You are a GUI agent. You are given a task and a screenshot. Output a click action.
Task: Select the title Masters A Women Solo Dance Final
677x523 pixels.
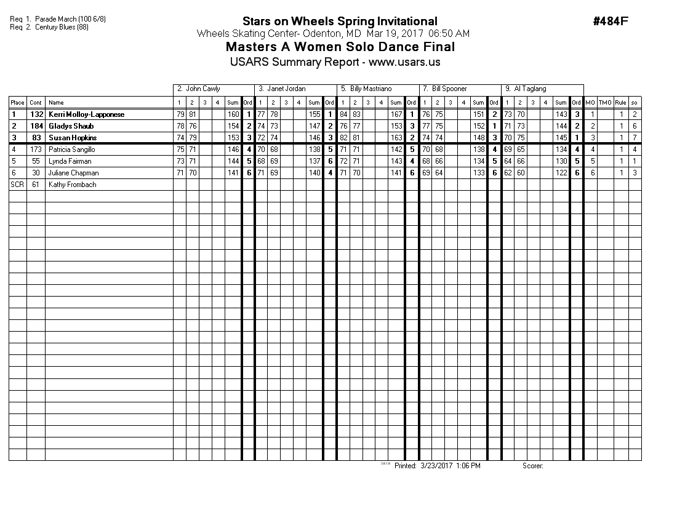(340, 47)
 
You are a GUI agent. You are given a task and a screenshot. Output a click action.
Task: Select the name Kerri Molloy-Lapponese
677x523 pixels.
(86, 114)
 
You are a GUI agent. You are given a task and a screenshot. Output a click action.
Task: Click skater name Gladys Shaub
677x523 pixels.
(71, 126)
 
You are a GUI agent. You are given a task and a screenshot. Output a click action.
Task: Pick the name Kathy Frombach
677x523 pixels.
(72, 185)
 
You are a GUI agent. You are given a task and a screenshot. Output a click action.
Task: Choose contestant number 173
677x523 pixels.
(36, 150)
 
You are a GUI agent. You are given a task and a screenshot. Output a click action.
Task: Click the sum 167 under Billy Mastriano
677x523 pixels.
(396, 114)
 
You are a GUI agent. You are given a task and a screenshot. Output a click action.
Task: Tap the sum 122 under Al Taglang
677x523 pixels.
(561, 173)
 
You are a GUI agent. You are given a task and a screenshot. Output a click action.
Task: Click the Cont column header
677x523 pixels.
(36, 103)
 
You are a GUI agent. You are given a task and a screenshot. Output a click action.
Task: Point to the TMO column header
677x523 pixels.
(605, 103)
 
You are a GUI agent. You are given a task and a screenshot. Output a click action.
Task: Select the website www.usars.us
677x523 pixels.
(404, 62)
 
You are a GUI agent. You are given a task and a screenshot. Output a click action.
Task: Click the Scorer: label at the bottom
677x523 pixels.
(533, 466)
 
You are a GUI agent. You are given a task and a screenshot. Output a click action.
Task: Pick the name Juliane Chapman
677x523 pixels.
(73, 173)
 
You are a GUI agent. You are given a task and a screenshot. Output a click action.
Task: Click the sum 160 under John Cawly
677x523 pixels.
(233, 114)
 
